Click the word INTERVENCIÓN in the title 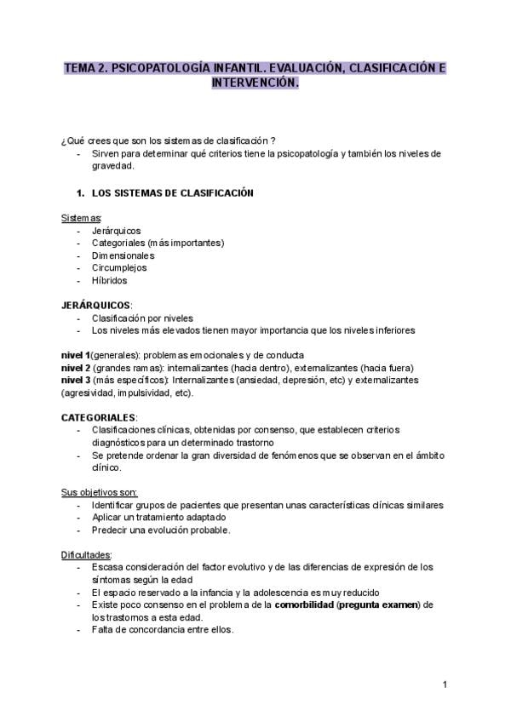coord(255,84)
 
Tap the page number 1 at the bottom coord(445,684)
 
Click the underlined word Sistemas coord(81,218)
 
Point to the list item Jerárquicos coord(116,231)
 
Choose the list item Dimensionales coord(123,255)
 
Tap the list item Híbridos coord(110,280)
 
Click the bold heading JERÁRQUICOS coord(95,305)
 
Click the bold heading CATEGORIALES coord(98,417)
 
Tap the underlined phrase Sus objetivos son coord(99,492)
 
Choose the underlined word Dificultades coord(86,554)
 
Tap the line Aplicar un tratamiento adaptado coord(158,517)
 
